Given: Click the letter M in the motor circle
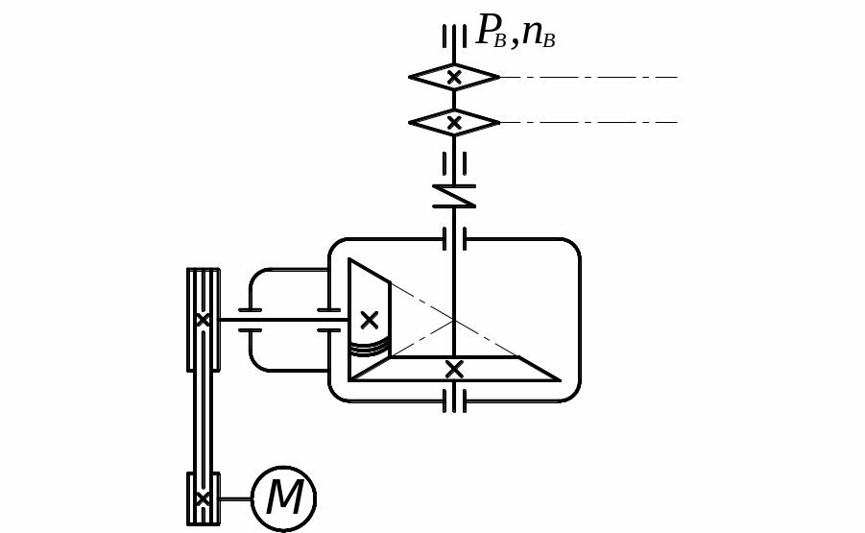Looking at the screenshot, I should (284, 498).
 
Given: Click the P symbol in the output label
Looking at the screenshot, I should (490, 31).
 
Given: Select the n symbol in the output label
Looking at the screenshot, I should (533, 33).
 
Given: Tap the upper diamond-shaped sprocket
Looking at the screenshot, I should (454, 77).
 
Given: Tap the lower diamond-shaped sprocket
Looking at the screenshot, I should (454, 123).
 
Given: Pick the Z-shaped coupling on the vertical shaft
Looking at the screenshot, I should (454, 196).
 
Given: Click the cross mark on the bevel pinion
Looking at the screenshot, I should (369, 320).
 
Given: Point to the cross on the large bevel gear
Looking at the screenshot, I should (454, 369).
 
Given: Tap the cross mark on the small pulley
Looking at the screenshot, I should (203, 498).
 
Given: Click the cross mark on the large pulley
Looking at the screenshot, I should (203, 320).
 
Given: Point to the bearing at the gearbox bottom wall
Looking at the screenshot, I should (454, 400).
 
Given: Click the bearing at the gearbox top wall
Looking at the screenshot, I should (454, 238).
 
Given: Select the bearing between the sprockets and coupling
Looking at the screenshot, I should (454, 163).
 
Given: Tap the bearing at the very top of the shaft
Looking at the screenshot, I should (454, 36).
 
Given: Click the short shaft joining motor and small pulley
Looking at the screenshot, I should (235, 498).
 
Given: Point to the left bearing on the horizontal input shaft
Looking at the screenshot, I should (250, 320).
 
